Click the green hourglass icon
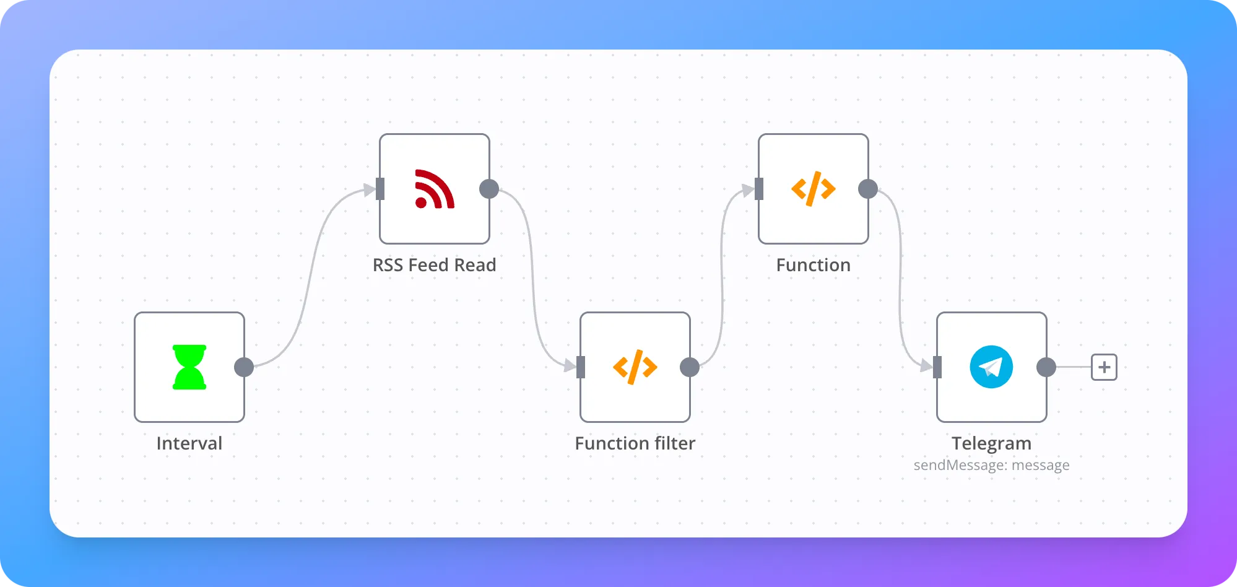coord(189,367)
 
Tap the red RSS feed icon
coord(435,189)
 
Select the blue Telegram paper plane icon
coord(991,367)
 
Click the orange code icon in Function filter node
coord(635,367)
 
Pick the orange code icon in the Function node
coord(814,189)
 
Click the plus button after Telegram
coord(1104,367)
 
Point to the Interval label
coord(189,443)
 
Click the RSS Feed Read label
coord(435,265)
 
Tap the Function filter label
coord(635,443)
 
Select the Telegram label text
coord(992,443)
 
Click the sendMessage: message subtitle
coord(992,465)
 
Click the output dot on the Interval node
coord(244,367)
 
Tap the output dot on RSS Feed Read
coord(489,189)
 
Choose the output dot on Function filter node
coord(690,367)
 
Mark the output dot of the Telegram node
coord(1046,367)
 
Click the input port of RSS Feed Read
coord(380,189)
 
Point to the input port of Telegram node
coord(937,367)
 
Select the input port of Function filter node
coord(581,367)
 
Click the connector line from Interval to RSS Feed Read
coord(310,279)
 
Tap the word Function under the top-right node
coord(814,265)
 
